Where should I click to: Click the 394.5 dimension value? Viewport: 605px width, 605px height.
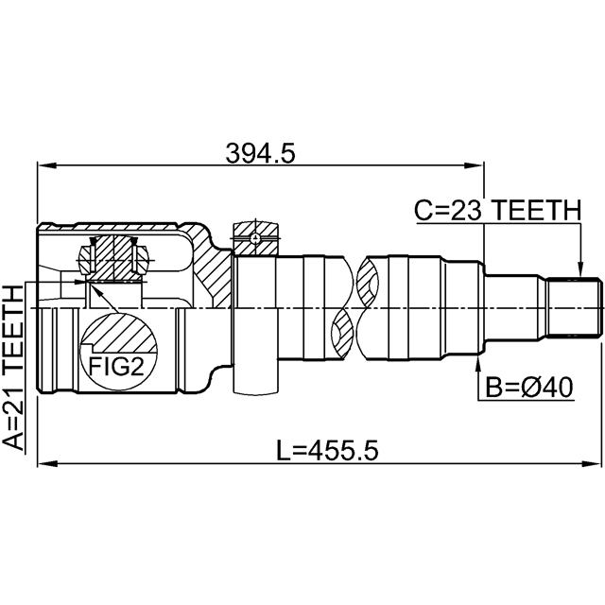point(260,153)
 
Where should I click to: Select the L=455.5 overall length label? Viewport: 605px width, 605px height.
point(328,451)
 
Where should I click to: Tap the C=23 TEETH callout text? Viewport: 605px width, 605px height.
point(497,210)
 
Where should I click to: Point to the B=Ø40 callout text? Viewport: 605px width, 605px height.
point(529,388)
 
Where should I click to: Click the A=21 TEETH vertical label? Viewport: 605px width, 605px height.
point(13,368)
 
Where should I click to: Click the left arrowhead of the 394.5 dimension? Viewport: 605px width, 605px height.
point(46,166)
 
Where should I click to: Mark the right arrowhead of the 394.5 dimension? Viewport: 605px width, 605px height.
point(474,166)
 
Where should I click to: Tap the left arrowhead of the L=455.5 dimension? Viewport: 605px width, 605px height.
point(47,463)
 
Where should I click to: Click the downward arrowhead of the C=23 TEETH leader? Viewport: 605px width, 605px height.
point(579,268)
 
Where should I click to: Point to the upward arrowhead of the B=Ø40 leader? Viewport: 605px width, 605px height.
point(478,361)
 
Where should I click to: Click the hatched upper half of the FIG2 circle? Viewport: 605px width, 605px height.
point(121,333)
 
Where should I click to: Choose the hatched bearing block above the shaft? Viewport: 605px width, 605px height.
point(254,238)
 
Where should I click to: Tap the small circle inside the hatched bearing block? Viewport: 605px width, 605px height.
point(254,238)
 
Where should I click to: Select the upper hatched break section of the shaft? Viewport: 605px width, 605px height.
point(368,279)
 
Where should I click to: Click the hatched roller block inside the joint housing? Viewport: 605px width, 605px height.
point(113,258)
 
